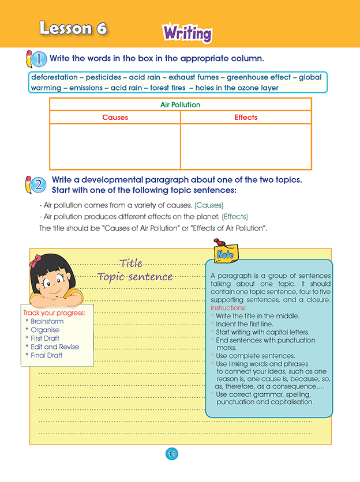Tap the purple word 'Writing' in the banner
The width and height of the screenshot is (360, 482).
pyautogui.click(x=187, y=33)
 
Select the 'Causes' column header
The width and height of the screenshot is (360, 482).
pyautogui.click(x=115, y=118)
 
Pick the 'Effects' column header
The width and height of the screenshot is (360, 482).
pyautogui.click(x=246, y=118)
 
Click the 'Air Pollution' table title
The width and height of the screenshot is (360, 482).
pyautogui.click(x=181, y=105)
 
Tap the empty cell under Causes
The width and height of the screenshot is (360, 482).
pyautogui.click(x=115, y=146)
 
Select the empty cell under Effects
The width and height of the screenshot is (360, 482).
pyautogui.click(x=246, y=146)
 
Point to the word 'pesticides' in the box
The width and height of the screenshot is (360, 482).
pyautogui.click(x=103, y=77)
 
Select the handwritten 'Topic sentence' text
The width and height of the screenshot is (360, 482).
pyautogui.click(x=135, y=277)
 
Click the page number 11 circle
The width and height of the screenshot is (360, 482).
pyautogui.click(x=171, y=454)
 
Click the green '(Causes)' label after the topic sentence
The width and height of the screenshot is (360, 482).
pyautogui.click(x=209, y=205)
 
